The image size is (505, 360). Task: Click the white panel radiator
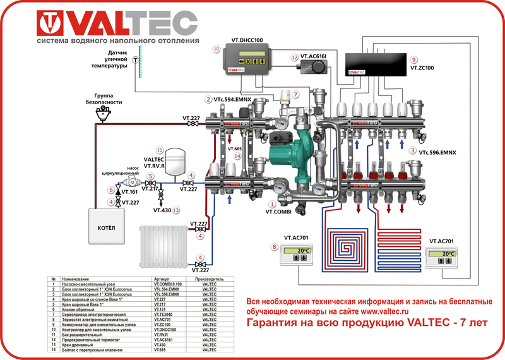click(x=163, y=246)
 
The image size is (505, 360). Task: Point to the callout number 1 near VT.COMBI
click(x=272, y=204)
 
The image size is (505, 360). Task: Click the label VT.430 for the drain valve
click(x=162, y=210)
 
